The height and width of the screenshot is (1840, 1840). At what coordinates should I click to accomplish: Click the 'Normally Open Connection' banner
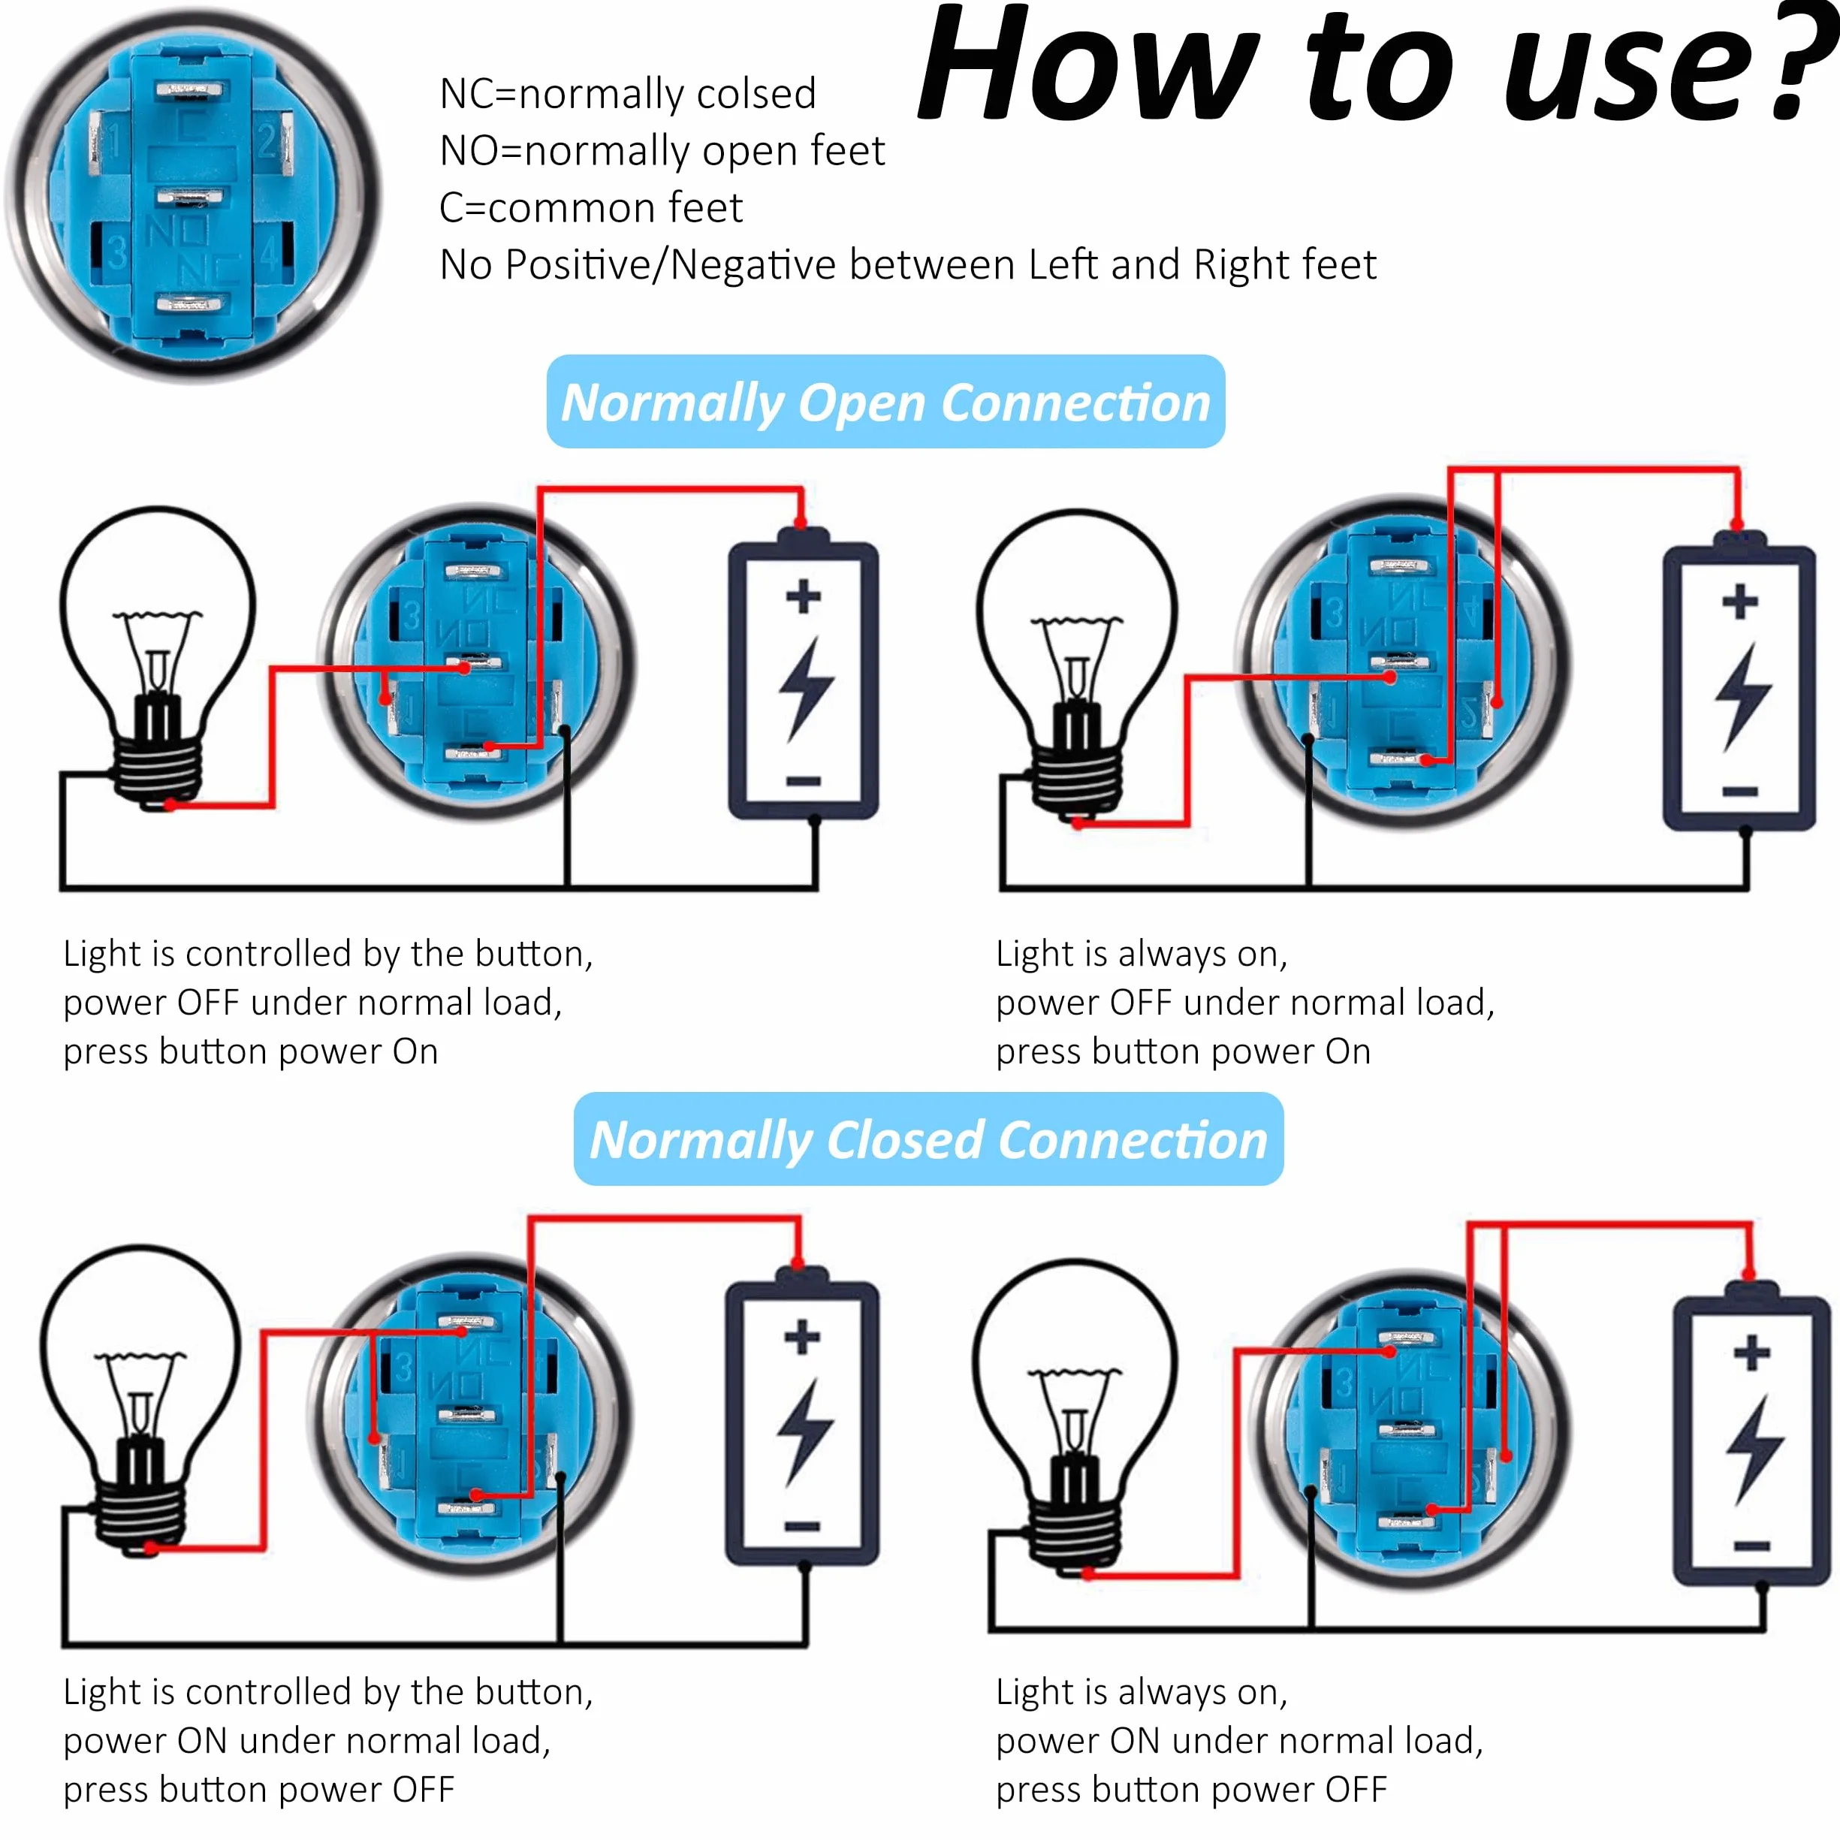[x=885, y=402]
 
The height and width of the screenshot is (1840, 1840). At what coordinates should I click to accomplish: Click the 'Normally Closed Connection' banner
[x=928, y=1139]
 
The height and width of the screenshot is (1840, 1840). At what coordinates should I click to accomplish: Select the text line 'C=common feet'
[x=590, y=207]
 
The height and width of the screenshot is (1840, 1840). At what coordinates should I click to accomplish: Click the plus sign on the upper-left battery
[x=803, y=596]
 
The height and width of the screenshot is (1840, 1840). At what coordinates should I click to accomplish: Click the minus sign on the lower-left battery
[x=802, y=1527]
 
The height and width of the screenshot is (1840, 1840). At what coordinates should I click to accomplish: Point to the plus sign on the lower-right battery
[x=1751, y=1353]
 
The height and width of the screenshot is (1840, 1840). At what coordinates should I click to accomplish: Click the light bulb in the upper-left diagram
[x=157, y=657]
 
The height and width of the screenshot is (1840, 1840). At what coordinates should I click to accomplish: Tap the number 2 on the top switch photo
[x=267, y=141]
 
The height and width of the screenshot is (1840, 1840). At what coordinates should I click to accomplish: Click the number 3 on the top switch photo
[x=116, y=253]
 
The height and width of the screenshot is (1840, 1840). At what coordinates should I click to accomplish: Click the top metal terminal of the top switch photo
[x=189, y=90]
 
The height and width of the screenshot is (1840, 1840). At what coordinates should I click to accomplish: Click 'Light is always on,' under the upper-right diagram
[x=1141, y=953]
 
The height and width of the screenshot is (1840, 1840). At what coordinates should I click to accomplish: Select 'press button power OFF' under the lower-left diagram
[x=258, y=1789]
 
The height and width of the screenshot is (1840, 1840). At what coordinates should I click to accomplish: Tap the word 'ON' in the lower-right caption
[x=1134, y=1740]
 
